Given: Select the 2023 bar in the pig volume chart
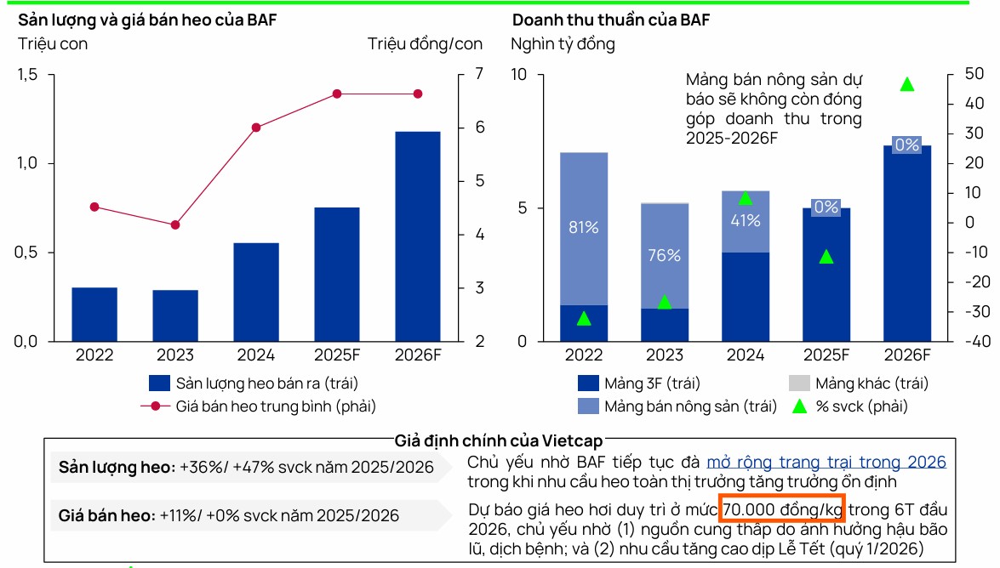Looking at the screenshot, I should pos(175,315).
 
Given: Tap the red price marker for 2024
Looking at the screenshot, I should pos(256,128).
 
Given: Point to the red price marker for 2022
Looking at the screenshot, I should pos(94,207).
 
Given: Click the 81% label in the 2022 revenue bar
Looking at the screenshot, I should pos(584,228).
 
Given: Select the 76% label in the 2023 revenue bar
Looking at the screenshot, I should pos(664,255).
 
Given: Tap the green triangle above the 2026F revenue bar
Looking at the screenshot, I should pos(907,84).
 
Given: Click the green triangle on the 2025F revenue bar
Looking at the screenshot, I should pos(826,256).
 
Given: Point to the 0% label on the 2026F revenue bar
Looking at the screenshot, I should pos(907,145).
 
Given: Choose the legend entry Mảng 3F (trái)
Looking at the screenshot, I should pos(638,383).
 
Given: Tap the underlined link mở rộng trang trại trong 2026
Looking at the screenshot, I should pos(826,463).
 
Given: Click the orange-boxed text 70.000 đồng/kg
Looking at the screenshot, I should pos(782,509).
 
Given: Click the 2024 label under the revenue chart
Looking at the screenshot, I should pos(745,355).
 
